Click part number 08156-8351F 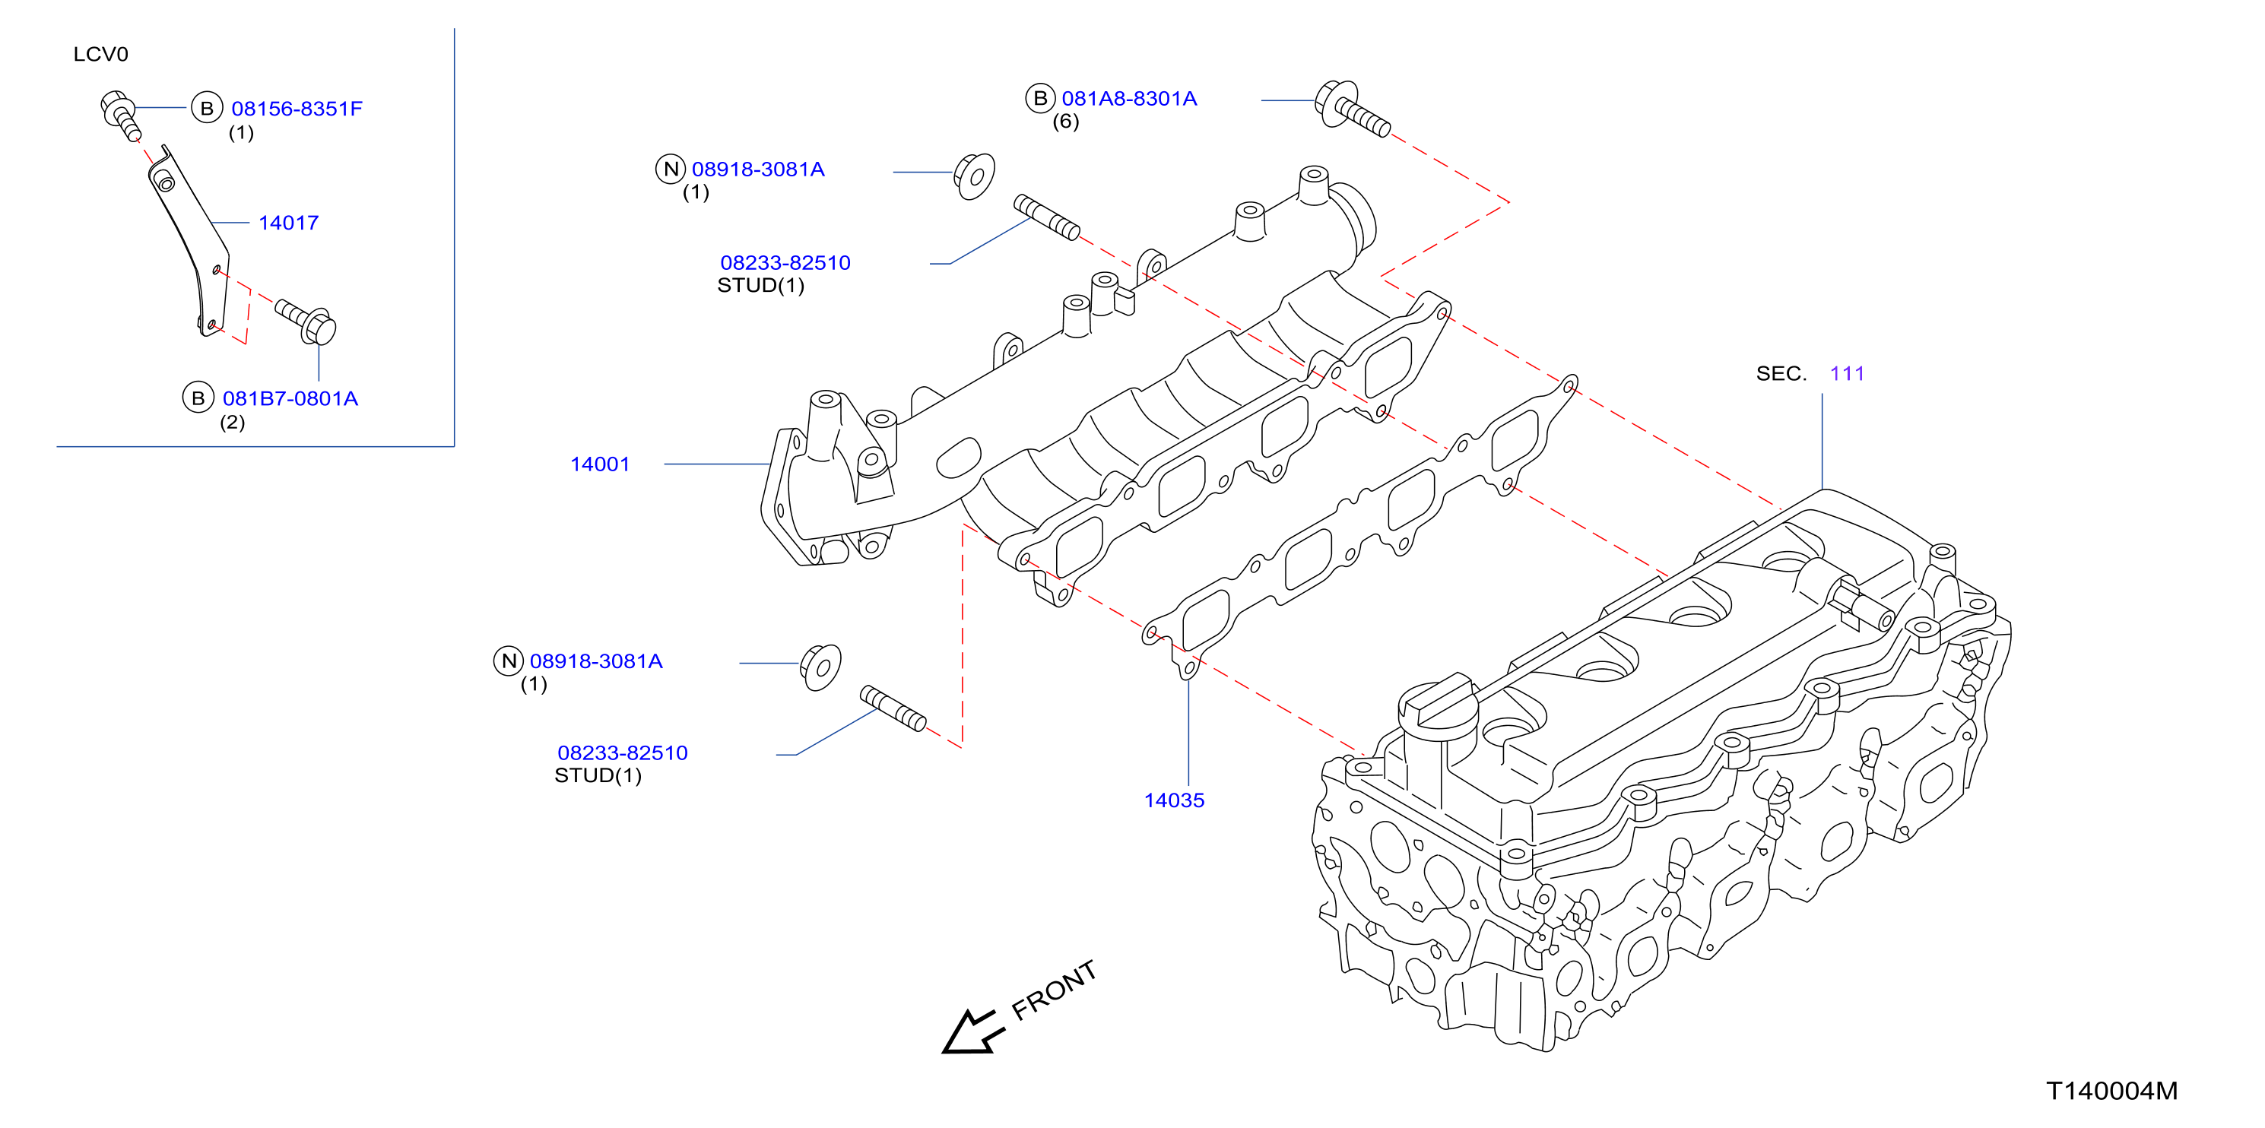(297, 109)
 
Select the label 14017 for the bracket (288, 223)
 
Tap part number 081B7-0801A (290, 399)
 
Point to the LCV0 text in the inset (100, 55)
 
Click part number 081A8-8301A (1129, 99)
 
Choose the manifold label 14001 (600, 464)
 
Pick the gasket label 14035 (1174, 800)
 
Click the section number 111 (1847, 374)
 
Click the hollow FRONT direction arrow (971, 1032)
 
